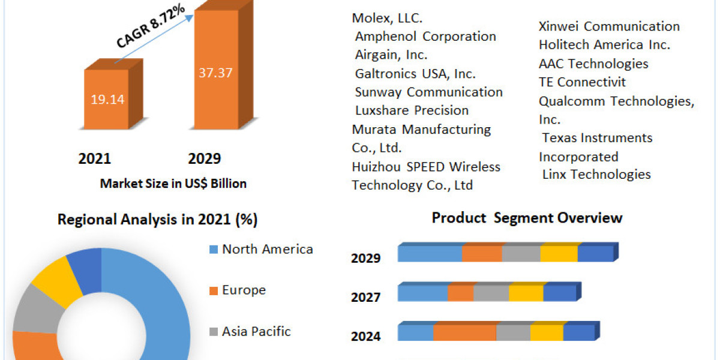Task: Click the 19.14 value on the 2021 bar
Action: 107,100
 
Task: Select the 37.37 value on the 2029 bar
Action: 215,73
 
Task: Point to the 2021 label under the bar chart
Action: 94,158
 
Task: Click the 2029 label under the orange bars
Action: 204,158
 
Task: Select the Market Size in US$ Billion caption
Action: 173,184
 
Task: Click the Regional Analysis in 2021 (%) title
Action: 157,220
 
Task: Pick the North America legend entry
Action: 267,249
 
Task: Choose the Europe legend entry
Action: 244,290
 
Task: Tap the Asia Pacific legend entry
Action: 256,331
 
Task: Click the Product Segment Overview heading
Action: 527,217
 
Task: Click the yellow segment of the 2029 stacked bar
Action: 559,254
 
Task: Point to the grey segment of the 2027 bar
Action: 491,293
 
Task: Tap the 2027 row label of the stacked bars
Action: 365,297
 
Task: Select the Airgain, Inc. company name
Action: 391,55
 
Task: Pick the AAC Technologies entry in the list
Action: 593,64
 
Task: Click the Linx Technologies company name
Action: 596,174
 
